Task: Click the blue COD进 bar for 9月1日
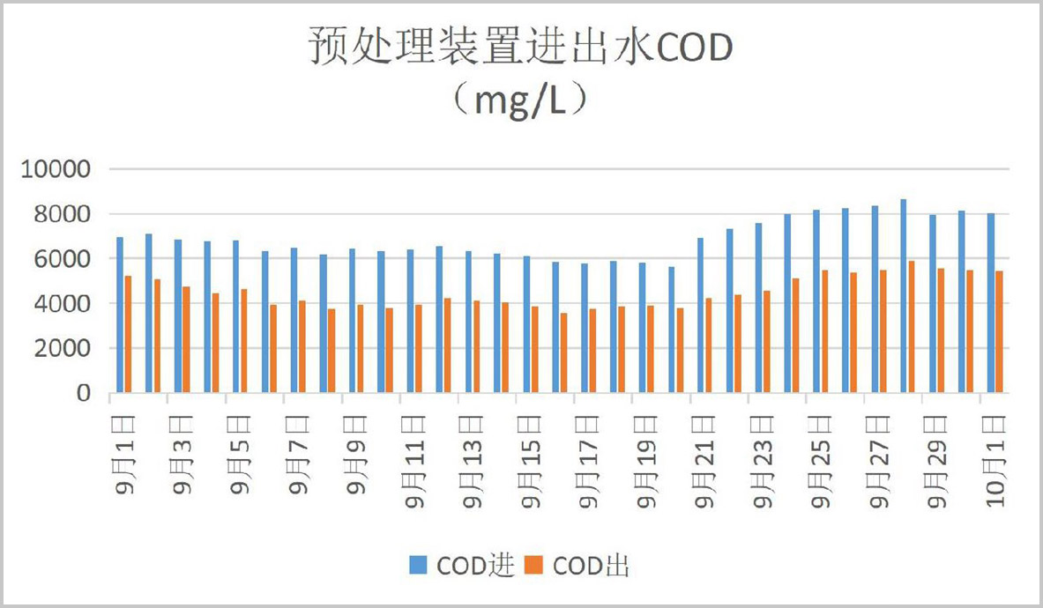click(x=120, y=315)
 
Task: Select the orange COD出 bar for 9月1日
click(x=129, y=334)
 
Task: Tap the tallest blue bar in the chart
click(x=904, y=296)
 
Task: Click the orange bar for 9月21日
click(x=709, y=345)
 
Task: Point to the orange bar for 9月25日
click(x=824, y=331)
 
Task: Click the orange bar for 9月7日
click(x=302, y=346)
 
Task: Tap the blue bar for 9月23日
click(x=758, y=308)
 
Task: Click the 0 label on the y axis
click(x=84, y=394)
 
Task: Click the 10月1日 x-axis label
click(x=995, y=459)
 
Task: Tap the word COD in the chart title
click(x=693, y=49)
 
